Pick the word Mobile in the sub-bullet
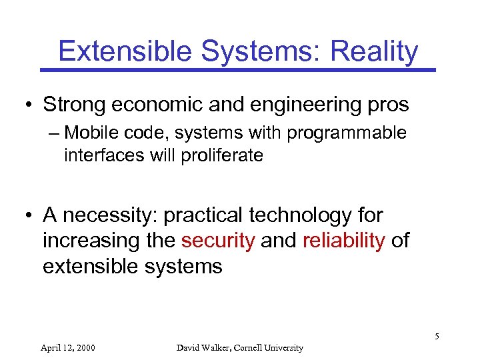click(x=91, y=133)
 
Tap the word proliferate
click(x=227, y=156)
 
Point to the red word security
click(x=218, y=241)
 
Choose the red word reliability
click(x=343, y=241)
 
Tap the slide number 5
click(x=437, y=336)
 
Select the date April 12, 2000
click(x=67, y=347)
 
